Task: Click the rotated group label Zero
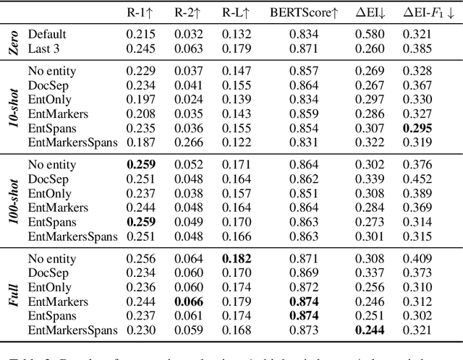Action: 14,40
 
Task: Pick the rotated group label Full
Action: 14,295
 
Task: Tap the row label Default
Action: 47,34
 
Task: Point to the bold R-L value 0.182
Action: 236,259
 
